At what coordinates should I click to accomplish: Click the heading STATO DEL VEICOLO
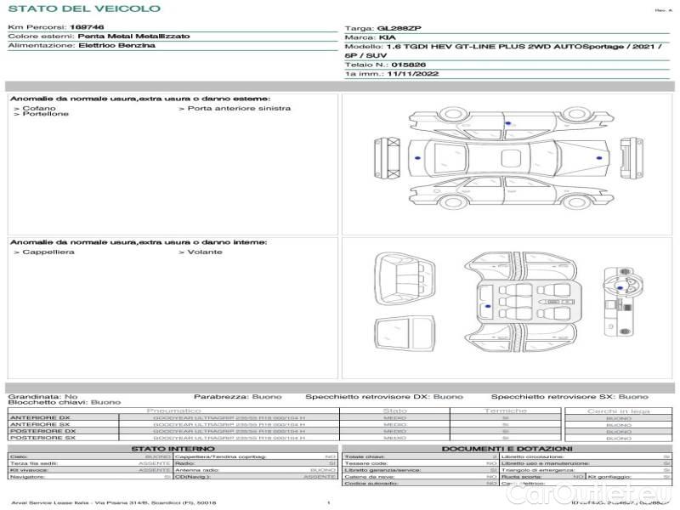[x=83, y=8]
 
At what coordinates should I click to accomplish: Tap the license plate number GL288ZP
[x=392, y=28]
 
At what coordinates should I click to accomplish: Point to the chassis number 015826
[x=404, y=64]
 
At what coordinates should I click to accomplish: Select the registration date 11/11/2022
[x=412, y=75]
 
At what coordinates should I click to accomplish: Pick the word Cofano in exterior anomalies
[x=39, y=108]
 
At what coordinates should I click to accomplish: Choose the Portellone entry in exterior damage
[x=45, y=114]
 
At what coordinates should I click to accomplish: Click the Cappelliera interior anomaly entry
[x=48, y=252]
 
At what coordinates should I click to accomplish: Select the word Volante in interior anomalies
[x=205, y=252]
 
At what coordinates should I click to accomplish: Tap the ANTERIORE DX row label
[x=40, y=418]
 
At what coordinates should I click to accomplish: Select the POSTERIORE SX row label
[x=42, y=437]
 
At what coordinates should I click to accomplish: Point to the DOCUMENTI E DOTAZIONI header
[x=507, y=448]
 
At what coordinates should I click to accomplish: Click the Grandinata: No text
[x=42, y=396]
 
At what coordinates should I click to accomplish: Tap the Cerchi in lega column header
[x=619, y=411]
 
